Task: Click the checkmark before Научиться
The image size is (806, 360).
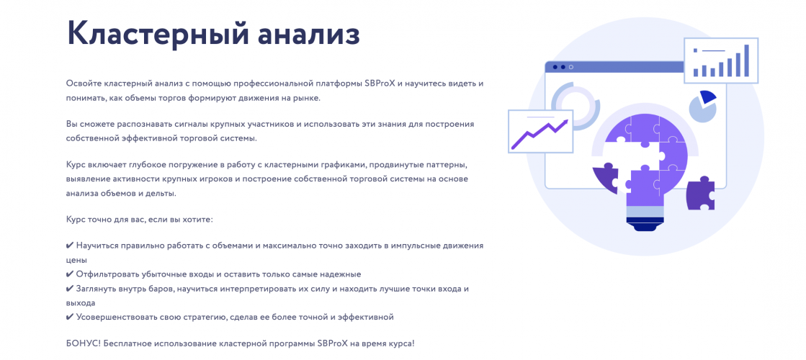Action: pyautogui.click(x=70, y=246)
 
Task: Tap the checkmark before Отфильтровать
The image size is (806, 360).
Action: pyautogui.click(x=70, y=274)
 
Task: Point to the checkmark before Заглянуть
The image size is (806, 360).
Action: pyautogui.click(x=70, y=289)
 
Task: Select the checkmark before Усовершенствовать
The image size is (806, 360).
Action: pyautogui.click(x=70, y=317)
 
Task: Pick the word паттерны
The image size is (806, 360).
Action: pyautogui.click(x=447, y=165)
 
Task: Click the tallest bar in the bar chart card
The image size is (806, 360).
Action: pyautogui.click(x=747, y=60)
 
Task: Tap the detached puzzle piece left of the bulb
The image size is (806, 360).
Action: pyautogui.click(x=606, y=176)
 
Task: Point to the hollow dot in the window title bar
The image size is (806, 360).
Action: pyautogui.click(x=571, y=67)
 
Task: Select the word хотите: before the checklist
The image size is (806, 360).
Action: pyautogui.click(x=197, y=218)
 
